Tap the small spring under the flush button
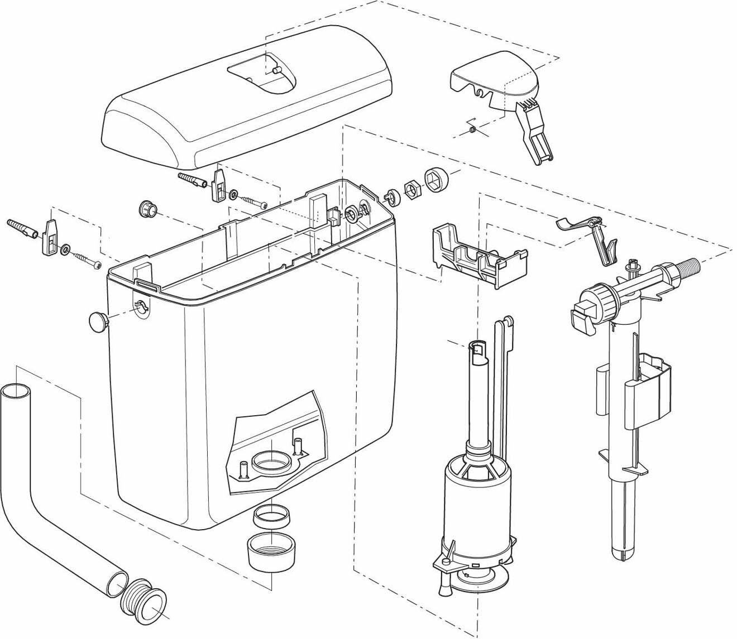pos(471,131)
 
